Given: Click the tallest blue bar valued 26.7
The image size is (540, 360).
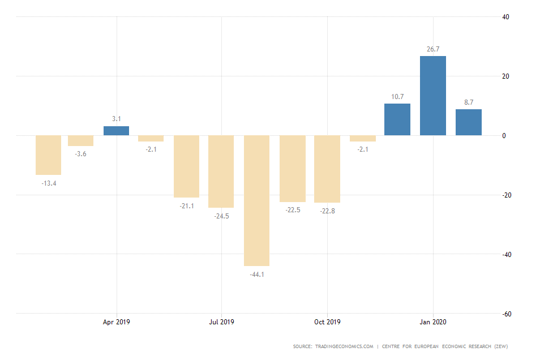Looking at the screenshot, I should [x=433, y=96].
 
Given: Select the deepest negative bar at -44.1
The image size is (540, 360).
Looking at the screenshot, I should [x=256, y=200].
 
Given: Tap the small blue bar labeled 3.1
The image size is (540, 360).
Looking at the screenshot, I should [x=116, y=131].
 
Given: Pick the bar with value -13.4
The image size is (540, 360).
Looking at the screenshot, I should [x=48, y=155].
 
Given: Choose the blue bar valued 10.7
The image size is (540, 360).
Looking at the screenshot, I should [x=397, y=119].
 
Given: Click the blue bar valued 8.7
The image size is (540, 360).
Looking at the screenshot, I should [x=469, y=122].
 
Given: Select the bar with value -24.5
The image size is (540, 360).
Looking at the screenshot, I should [x=221, y=172].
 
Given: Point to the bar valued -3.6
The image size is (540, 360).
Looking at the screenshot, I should [x=80, y=140].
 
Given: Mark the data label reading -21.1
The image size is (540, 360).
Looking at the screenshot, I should [x=187, y=206].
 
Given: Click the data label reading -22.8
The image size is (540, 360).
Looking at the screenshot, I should [x=327, y=211].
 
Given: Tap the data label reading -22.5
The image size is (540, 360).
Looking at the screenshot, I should [x=292, y=211].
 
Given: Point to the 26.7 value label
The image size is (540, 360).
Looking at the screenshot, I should [x=433, y=49].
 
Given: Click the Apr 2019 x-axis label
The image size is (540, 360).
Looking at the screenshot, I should [x=116, y=322].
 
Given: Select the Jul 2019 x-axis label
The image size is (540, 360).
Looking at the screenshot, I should [x=221, y=322].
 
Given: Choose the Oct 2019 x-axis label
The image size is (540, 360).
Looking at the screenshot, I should [x=327, y=322].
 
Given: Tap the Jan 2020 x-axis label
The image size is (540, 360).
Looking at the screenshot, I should [x=433, y=322].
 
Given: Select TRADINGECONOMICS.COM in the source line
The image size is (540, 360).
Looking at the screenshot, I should [x=349, y=346].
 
